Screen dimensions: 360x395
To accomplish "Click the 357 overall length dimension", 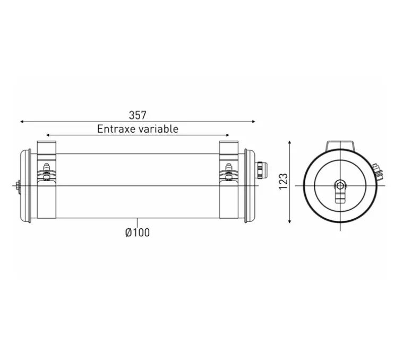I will coord(137,115).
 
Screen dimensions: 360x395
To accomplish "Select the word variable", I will coord(158,128).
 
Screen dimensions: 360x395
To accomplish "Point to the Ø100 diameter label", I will coord(137,233).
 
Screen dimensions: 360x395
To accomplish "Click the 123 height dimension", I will coord(284,181).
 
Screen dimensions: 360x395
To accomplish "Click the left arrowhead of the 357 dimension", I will coord(22,122).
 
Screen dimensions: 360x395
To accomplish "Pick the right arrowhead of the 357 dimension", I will coord(253,122).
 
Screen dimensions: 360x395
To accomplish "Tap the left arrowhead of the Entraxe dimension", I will coord(48,135).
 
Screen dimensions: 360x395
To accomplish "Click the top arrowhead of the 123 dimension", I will coord(290,143).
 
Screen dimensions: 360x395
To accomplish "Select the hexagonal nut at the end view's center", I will coord(340,185).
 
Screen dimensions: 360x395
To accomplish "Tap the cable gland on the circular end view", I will coord(377,172).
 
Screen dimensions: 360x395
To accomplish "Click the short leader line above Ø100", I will coord(137,222).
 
